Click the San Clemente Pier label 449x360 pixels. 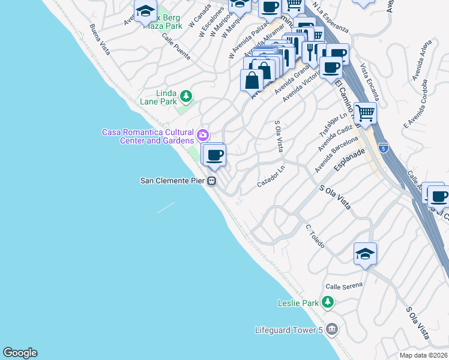click(x=172, y=181)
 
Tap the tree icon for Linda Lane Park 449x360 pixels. click(x=187, y=96)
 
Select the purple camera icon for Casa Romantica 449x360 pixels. click(x=203, y=133)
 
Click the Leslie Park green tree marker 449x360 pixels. click(x=327, y=302)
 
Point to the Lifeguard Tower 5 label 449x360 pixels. click(x=289, y=329)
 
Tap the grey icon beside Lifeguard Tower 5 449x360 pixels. click(x=332, y=329)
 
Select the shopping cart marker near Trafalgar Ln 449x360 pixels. click(x=364, y=112)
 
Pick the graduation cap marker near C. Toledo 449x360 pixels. click(x=364, y=254)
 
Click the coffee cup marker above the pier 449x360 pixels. click(x=214, y=155)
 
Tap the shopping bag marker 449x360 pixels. click(x=252, y=80)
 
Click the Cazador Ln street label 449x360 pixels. click(x=271, y=176)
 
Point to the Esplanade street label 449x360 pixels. click(x=349, y=161)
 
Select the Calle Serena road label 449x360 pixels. click(x=344, y=286)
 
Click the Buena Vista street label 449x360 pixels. click(x=100, y=39)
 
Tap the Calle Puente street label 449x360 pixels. click(x=176, y=46)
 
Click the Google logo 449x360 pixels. click(x=20, y=353)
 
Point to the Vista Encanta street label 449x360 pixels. click(x=370, y=82)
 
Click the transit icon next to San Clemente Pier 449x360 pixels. click(x=212, y=181)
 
